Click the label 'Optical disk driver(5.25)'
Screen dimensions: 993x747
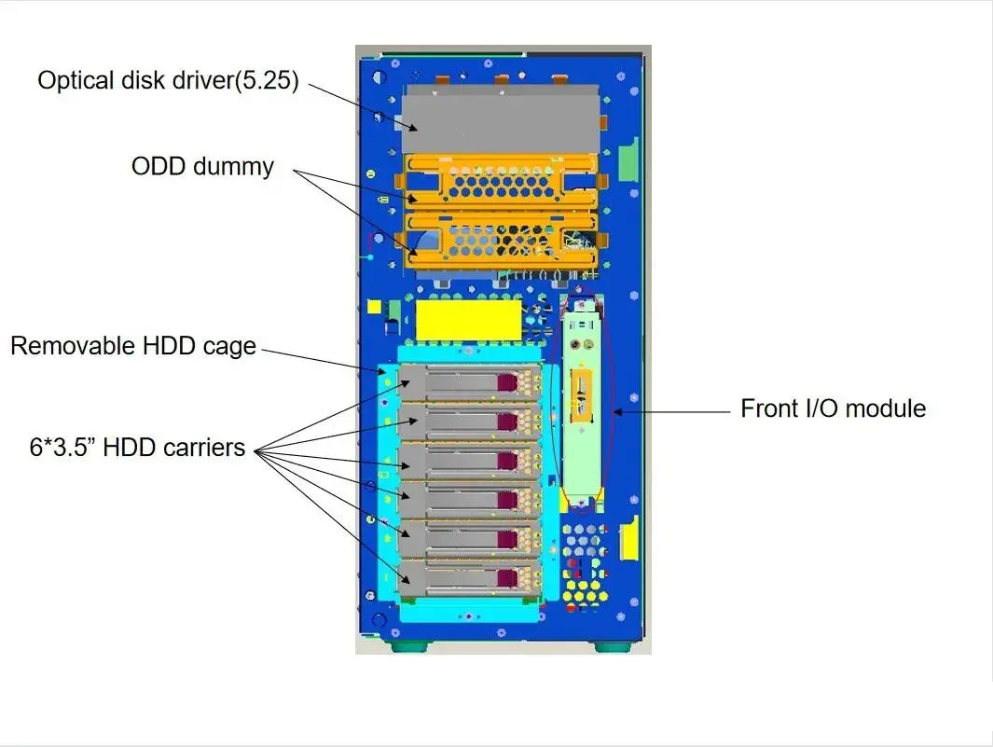[x=168, y=80]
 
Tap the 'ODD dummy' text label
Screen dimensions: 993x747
[x=202, y=166]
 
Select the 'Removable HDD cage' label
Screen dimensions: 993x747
[x=133, y=346]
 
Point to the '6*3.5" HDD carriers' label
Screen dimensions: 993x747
[x=137, y=448]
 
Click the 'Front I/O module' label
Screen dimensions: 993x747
[x=834, y=408]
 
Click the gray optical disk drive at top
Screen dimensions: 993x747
[x=501, y=119]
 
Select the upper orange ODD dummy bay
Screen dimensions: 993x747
[x=501, y=183]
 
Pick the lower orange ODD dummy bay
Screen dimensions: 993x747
[x=501, y=240]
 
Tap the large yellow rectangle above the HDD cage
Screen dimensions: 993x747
[x=468, y=321]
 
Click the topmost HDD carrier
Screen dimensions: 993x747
[x=470, y=382]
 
